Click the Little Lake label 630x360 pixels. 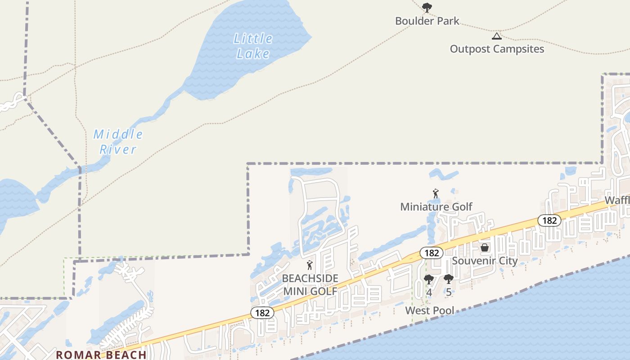click(x=253, y=46)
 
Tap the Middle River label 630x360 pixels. click(x=118, y=142)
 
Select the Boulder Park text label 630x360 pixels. click(x=427, y=21)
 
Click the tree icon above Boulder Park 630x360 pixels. click(x=427, y=7)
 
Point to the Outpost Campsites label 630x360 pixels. click(x=497, y=49)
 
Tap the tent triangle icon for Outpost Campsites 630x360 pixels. click(x=496, y=36)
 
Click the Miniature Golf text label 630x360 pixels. click(x=436, y=207)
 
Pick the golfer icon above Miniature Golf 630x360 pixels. click(x=435, y=194)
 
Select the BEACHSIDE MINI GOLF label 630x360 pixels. click(x=310, y=285)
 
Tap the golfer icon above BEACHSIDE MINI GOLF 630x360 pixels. click(x=309, y=265)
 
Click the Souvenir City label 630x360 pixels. click(x=485, y=261)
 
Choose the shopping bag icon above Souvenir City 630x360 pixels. click(x=485, y=247)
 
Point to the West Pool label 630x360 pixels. click(x=430, y=310)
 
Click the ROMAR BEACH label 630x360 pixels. click(x=101, y=355)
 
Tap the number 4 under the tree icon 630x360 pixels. click(x=429, y=292)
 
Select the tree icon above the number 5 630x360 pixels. click(x=448, y=279)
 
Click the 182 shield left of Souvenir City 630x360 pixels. click(x=431, y=253)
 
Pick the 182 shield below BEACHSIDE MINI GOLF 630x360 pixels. click(x=262, y=313)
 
